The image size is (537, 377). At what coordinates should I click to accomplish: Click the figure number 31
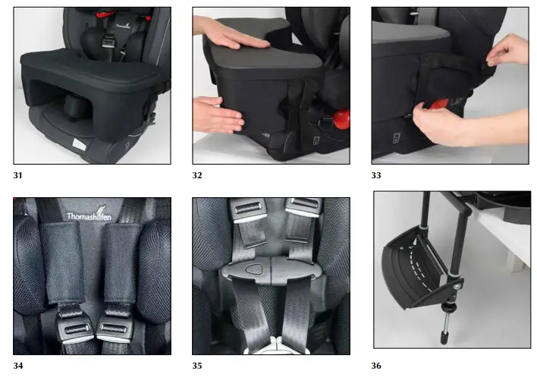click(x=18, y=175)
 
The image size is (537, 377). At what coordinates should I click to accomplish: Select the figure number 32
click(x=198, y=175)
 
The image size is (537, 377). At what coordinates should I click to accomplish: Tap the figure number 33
click(x=377, y=175)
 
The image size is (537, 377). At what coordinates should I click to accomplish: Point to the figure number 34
click(x=18, y=366)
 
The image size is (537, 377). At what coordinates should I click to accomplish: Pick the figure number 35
click(x=198, y=366)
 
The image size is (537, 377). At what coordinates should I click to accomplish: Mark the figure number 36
click(x=377, y=366)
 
